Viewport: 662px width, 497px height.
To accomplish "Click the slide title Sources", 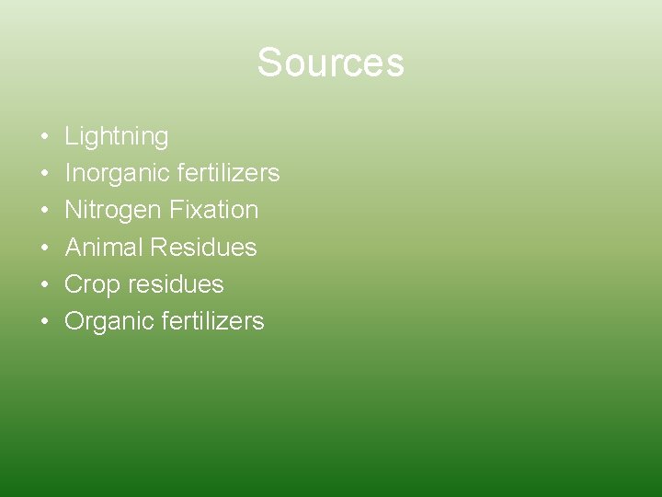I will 330,63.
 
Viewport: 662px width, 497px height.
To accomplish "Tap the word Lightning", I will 117,137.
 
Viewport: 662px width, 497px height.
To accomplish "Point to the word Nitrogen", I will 113,211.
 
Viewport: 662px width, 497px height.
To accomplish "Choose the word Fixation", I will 213,210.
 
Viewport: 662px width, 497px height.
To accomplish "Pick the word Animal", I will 104,248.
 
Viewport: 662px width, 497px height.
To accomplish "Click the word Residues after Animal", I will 203,248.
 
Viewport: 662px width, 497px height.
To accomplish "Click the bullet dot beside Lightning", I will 44,137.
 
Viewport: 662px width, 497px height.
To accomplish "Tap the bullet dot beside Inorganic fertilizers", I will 44,174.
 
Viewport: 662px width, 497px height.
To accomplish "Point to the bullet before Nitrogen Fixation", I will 44,211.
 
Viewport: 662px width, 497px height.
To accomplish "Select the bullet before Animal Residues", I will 44,248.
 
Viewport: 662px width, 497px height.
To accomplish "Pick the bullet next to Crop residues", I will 44,284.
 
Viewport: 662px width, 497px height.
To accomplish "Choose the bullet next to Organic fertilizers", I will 44,321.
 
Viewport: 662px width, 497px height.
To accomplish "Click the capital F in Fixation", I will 176,210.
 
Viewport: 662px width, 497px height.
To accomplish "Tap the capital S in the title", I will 268,63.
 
